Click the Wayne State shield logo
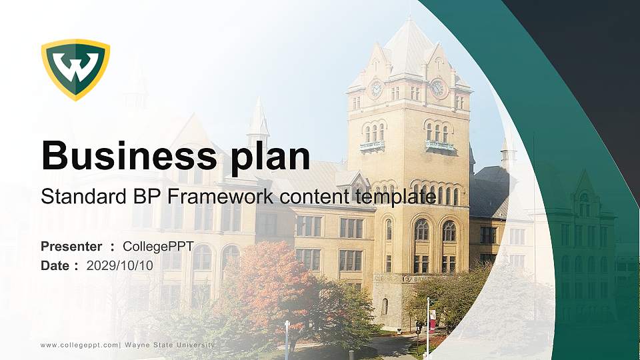(75, 69)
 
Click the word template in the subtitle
(395, 197)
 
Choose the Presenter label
(71, 247)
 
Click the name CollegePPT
(158, 247)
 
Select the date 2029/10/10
(120, 265)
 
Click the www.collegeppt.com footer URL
(79, 345)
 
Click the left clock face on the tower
(376, 89)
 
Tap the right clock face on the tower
(437, 87)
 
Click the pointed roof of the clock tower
(408, 43)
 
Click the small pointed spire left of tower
(258, 120)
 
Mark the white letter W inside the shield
(75, 67)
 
